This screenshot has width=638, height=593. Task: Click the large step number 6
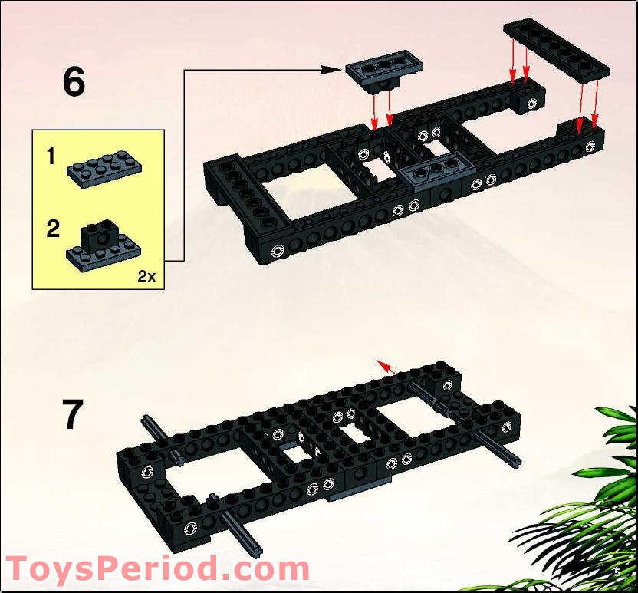74,82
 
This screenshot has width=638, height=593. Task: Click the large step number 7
73,414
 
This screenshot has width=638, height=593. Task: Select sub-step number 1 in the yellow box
51,157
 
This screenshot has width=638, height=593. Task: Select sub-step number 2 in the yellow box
52,229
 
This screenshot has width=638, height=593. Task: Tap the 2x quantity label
146,277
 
